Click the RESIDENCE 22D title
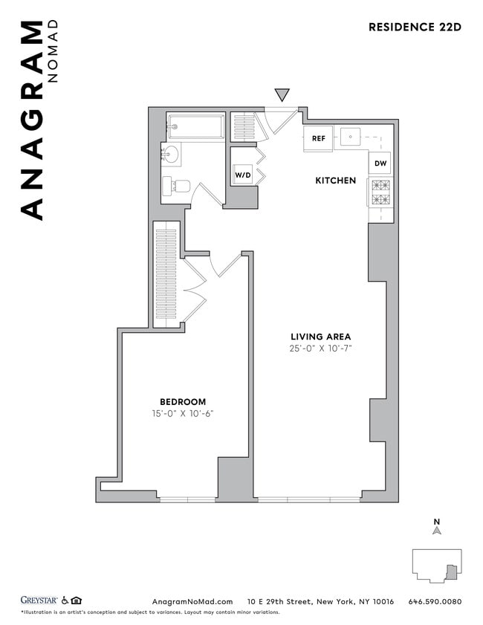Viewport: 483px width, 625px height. coord(415,27)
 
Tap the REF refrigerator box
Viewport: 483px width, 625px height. coord(318,138)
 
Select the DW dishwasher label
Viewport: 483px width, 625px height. coord(380,163)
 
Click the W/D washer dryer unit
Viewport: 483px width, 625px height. coord(243,175)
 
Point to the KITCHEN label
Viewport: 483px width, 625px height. coord(335,181)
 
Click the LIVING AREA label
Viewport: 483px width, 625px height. coord(320,337)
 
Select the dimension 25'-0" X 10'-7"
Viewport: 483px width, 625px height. coord(320,349)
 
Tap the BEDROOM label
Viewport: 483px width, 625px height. coord(183,402)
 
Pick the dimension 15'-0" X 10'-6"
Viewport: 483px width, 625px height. coord(183,414)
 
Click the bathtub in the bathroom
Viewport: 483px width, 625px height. coord(195,126)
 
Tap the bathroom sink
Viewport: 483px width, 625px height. coord(171,155)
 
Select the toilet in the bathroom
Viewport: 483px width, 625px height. coord(177,186)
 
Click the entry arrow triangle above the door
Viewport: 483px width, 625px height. coord(282,94)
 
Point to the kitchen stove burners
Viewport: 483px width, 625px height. coord(380,192)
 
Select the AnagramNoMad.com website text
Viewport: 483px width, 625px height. coord(192,601)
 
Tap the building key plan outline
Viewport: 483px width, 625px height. coord(437,566)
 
